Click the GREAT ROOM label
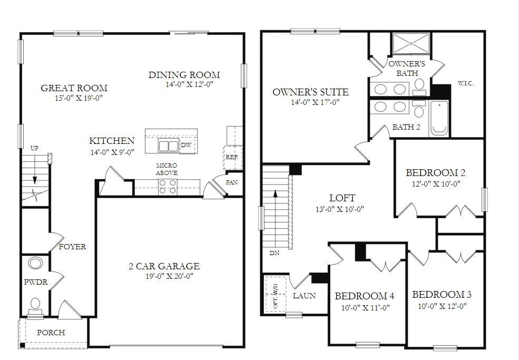pyautogui.click(x=74, y=88)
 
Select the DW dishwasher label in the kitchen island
pyautogui.click(x=185, y=145)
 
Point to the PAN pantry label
pyautogui.click(x=232, y=182)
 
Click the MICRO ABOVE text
pyautogui.click(x=167, y=169)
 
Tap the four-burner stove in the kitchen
pyautogui.click(x=168, y=187)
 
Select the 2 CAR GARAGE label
pyautogui.click(x=164, y=266)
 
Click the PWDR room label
pyautogui.click(x=36, y=283)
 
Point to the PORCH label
pyautogui.click(x=51, y=333)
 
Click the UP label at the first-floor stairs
pyautogui.click(x=34, y=148)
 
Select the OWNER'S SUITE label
pyautogui.click(x=310, y=92)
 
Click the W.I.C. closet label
pyautogui.click(x=466, y=83)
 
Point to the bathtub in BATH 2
pyautogui.click(x=438, y=119)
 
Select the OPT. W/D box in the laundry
pyautogui.click(x=275, y=295)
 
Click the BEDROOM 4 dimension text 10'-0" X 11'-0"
pyautogui.click(x=365, y=308)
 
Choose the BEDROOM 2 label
pyautogui.click(x=435, y=173)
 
